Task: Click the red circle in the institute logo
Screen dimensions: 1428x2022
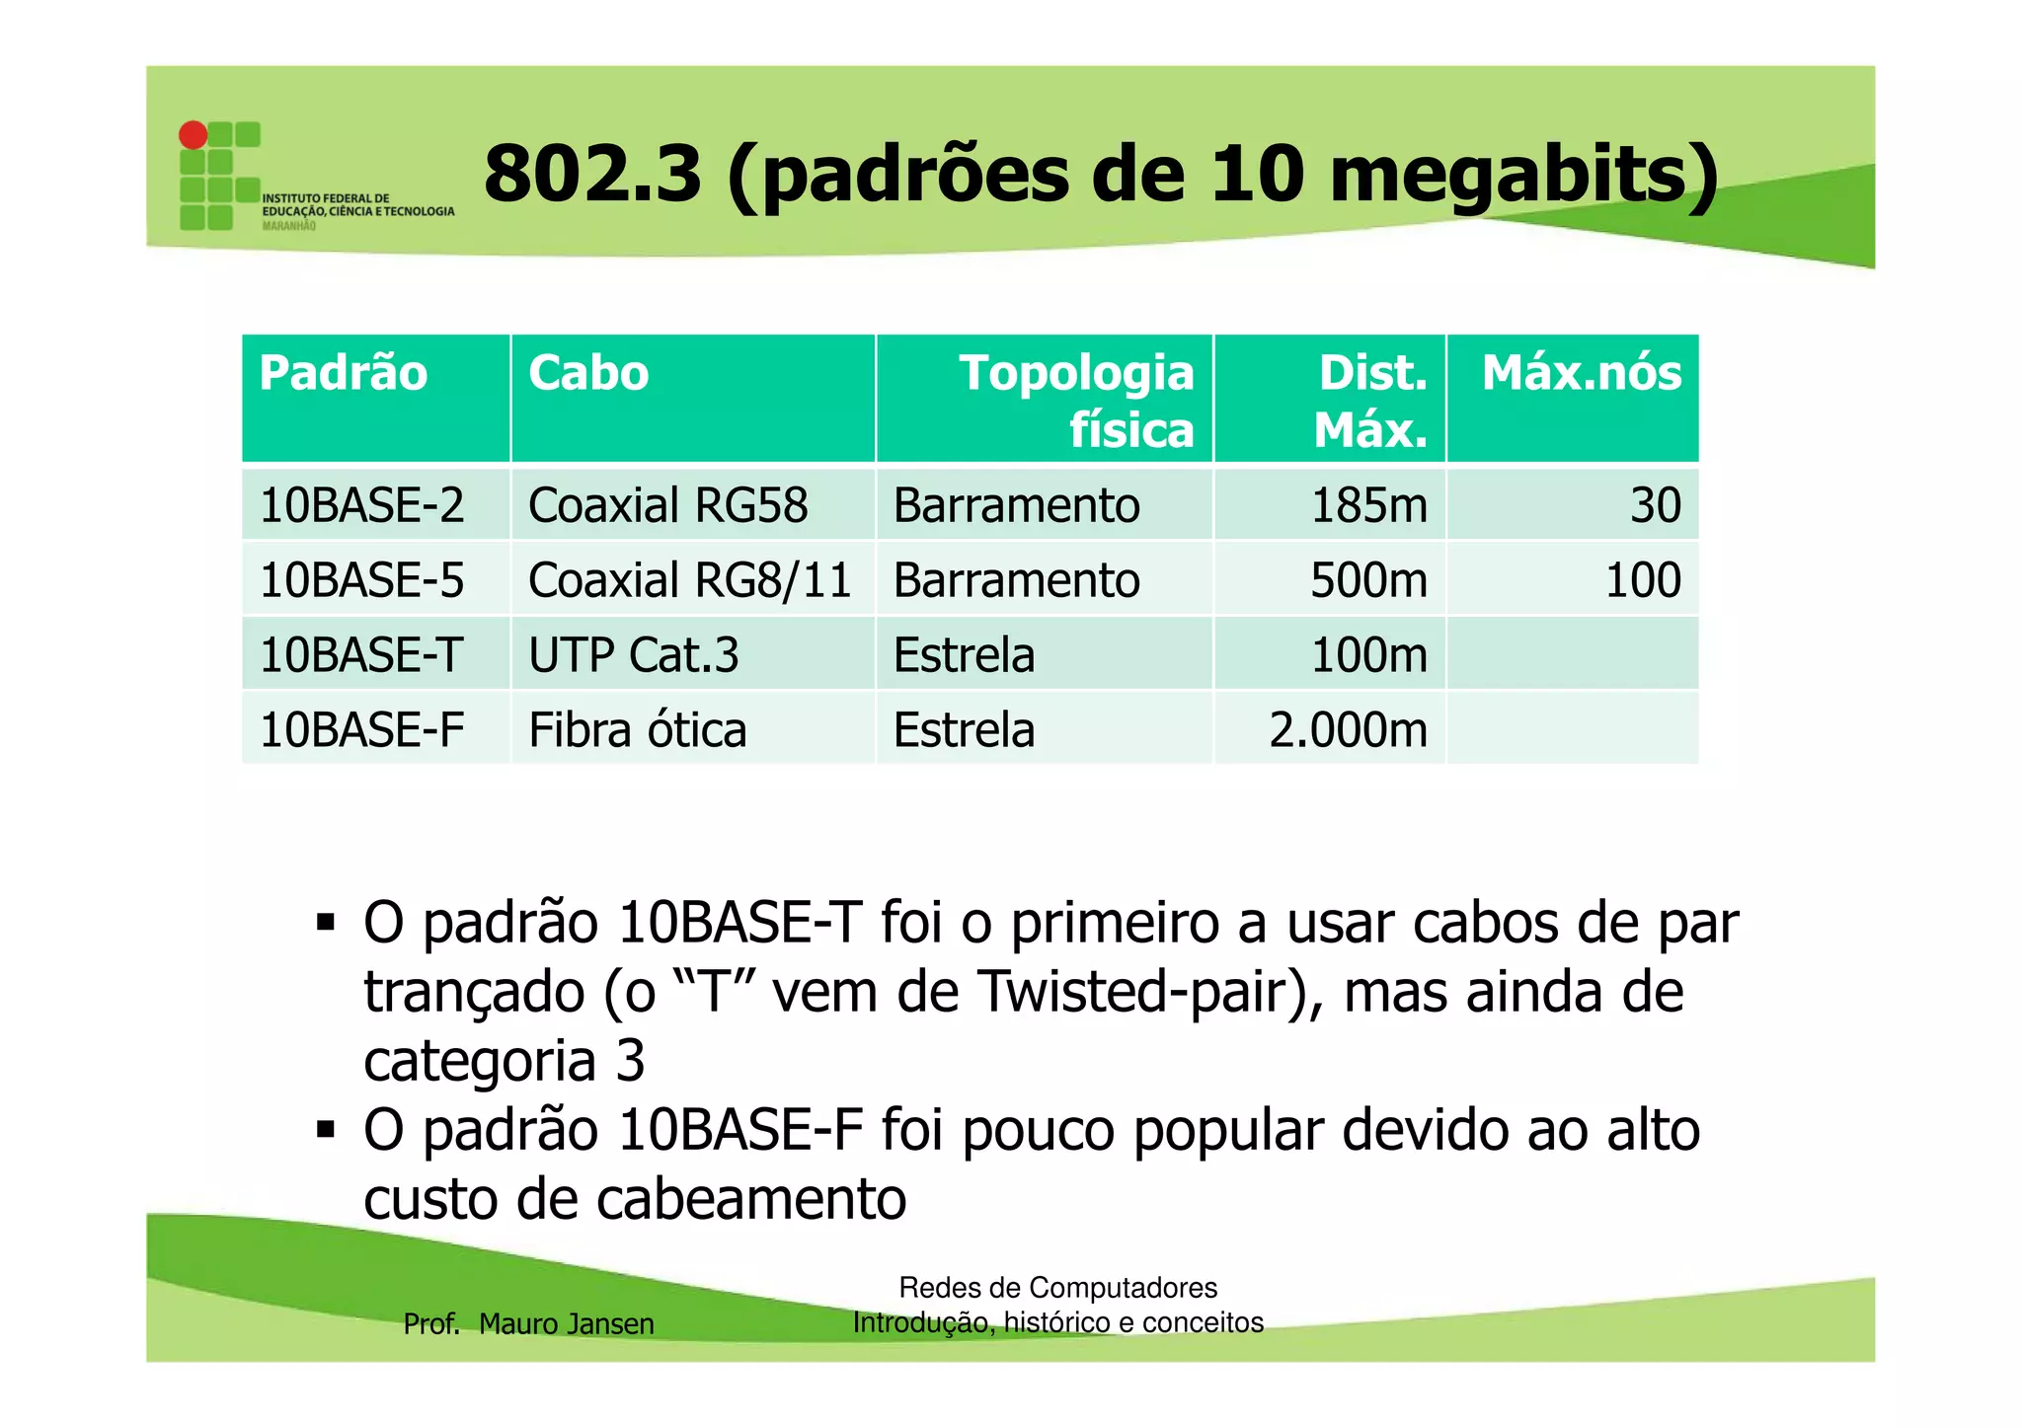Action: [x=193, y=135]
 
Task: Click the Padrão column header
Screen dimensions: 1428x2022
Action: [x=343, y=373]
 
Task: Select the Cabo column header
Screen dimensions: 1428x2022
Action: [x=588, y=373]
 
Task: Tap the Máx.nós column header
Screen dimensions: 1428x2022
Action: [x=1581, y=373]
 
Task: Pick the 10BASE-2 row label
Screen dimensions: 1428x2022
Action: [x=361, y=505]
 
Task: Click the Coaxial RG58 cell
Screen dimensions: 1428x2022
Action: [x=667, y=505]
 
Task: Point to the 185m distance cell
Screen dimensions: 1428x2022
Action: [x=1368, y=505]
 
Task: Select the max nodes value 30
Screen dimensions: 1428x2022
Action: [x=1655, y=505]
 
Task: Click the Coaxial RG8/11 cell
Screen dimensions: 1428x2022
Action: [x=689, y=580]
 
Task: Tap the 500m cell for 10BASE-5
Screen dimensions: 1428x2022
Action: [x=1368, y=580]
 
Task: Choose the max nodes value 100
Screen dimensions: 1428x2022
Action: [x=1643, y=580]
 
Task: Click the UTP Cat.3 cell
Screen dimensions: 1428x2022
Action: [x=633, y=655]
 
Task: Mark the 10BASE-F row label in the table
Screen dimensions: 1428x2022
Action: [x=361, y=730]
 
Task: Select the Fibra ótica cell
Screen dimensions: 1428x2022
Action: [x=637, y=730]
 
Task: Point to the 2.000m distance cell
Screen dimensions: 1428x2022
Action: [x=1348, y=730]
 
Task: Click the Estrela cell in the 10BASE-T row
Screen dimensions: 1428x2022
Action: [x=964, y=655]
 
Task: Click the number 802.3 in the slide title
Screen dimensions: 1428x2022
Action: [x=592, y=174]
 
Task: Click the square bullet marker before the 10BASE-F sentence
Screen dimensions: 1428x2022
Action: [x=326, y=1129]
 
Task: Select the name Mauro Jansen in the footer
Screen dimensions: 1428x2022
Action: [x=566, y=1323]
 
